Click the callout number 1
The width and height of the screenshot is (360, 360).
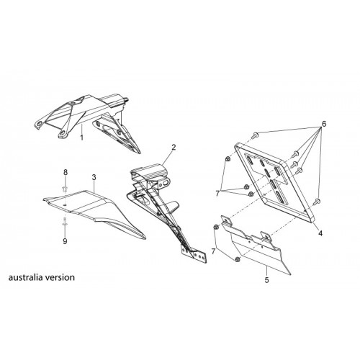coord(82,138)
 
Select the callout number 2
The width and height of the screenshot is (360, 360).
coord(174,147)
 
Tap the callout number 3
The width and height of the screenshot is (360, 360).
coord(94,177)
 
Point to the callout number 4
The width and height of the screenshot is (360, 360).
coord(320,233)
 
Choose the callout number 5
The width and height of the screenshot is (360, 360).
coord(266,280)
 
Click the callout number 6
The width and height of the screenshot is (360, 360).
coord(324,124)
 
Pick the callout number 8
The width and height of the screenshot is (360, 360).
coord(66,172)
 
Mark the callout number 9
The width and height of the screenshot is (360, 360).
coord(65,241)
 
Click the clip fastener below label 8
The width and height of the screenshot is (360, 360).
coord(65,189)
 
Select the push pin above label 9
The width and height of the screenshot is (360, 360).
coord(65,221)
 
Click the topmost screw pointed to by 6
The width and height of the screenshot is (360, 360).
coord(256,135)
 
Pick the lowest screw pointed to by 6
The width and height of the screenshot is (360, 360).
coord(317,202)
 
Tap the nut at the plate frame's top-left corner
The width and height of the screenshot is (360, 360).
coord(228,158)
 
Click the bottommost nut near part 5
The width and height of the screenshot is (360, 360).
coord(238,259)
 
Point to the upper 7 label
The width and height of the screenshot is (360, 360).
coord(217,193)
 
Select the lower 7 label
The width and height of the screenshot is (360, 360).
coord(213,251)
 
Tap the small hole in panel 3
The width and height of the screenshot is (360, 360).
coord(65,205)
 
